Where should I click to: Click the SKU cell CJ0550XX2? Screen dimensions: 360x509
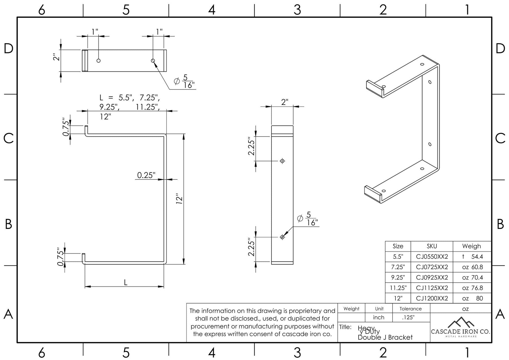tap(432, 257)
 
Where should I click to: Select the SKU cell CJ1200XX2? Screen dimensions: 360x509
tap(432, 298)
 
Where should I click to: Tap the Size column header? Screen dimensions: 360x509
tap(398, 246)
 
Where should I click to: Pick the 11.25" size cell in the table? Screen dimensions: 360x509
tap(398, 288)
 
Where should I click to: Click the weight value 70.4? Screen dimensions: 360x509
tap(477, 278)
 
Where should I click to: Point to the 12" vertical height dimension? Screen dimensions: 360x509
tap(179, 199)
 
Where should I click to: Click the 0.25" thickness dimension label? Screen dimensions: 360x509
tap(146, 175)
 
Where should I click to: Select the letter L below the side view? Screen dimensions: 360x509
tap(126, 283)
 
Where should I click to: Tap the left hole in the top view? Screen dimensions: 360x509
tap(99, 61)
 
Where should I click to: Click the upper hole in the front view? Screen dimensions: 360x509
tap(282, 161)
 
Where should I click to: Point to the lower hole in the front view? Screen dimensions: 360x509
tap(282, 237)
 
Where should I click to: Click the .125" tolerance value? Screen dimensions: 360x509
tap(408, 317)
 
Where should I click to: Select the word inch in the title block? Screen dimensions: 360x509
tap(378, 317)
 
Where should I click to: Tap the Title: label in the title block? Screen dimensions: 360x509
tap(345, 327)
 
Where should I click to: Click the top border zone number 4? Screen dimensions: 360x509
tap(212, 10)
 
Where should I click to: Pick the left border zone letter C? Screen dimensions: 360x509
tap(8, 138)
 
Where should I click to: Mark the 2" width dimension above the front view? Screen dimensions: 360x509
tap(285, 102)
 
